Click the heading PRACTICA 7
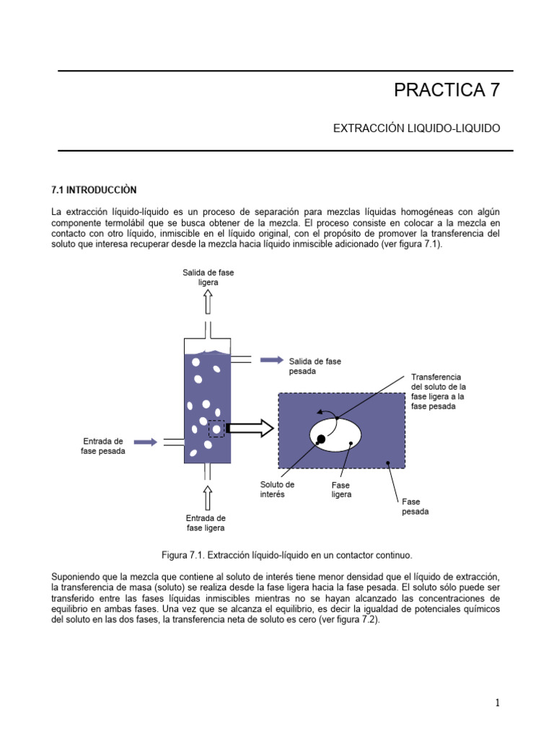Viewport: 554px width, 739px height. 446,90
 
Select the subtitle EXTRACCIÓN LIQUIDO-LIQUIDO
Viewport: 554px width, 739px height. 416,128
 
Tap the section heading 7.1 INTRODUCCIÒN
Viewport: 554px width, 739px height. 94,190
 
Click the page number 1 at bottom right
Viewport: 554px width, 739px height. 497,703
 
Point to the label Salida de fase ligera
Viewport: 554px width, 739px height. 208,277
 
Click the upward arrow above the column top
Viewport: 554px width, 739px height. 208,303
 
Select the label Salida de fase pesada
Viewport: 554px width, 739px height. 315,366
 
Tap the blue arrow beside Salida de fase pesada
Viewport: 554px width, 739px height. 271,360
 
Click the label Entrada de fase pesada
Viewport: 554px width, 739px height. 103,446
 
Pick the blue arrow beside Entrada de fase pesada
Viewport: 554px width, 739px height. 145,442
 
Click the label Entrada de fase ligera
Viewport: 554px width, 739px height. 206,522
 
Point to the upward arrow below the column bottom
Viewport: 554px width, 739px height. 208,497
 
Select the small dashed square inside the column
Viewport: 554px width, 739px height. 216,429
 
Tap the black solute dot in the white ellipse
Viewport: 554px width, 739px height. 321,439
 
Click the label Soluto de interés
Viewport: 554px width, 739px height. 277,489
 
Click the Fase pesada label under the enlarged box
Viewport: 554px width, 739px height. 415,507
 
